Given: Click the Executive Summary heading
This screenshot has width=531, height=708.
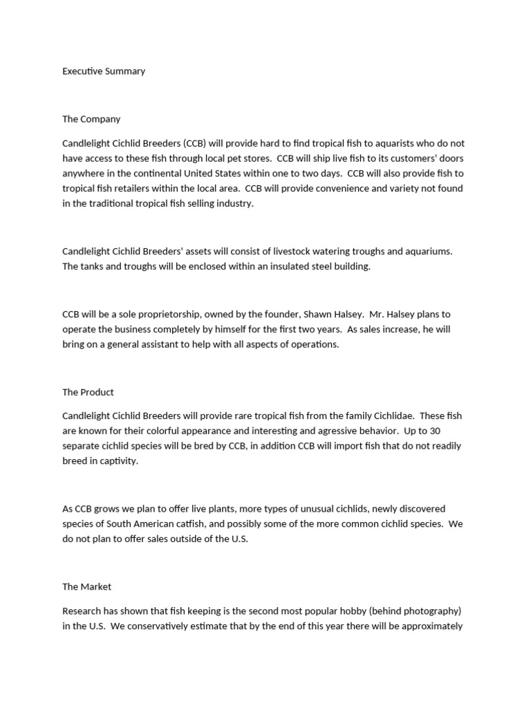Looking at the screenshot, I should [104, 71].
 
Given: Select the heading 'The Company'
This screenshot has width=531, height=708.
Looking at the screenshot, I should [91, 119].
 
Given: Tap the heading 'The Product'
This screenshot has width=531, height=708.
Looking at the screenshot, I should [88, 392].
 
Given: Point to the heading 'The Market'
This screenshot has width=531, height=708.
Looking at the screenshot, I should [86, 586].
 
